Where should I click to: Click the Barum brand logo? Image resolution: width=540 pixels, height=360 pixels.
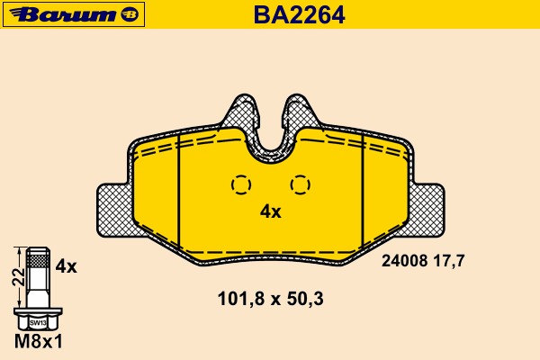point(74,14)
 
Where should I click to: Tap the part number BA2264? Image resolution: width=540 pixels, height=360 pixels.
point(299,15)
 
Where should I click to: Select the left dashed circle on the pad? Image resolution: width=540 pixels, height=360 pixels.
point(241,184)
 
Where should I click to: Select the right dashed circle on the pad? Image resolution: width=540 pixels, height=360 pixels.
point(301,184)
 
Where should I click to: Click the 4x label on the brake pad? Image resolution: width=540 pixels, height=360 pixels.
point(271,211)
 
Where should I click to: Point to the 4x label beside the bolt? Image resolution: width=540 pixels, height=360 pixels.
point(66,266)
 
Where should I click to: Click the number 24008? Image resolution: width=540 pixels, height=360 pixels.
point(404,261)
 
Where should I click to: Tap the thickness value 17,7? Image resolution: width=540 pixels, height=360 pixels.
point(449,261)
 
